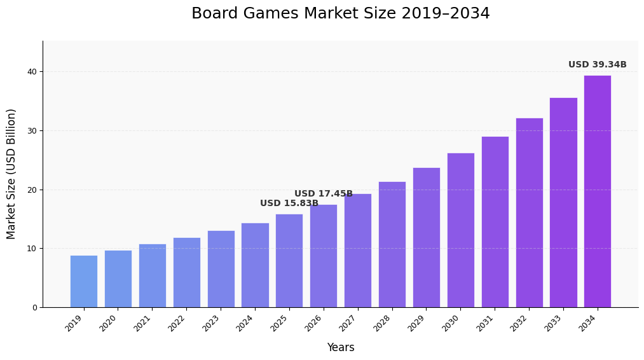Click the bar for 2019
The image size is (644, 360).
click(84, 281)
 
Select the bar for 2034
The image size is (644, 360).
click(597, 191)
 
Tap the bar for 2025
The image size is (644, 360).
click(289, 261)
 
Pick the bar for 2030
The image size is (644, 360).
click(460, 230)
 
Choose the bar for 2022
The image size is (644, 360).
click(186, 272)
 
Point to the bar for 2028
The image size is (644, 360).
click(392, 244)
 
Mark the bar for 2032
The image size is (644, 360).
click(529, 212)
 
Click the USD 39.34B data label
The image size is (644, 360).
click(597, 65)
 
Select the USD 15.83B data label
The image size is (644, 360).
click(289, 204)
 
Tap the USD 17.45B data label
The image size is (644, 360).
click(323, 194)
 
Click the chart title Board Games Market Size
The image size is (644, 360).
click(340, 14)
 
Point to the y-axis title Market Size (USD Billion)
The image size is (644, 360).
click(11, 174)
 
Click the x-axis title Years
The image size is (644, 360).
click(340, 347)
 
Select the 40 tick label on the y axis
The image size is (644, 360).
click(32, 72)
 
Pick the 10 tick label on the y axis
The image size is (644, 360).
click(32, 249)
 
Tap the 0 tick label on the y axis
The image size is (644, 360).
click(34, 308)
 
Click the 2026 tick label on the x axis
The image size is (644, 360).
click(315, 322)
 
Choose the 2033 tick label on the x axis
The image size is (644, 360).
click(554, 322)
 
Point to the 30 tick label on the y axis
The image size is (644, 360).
click(32, 131)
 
